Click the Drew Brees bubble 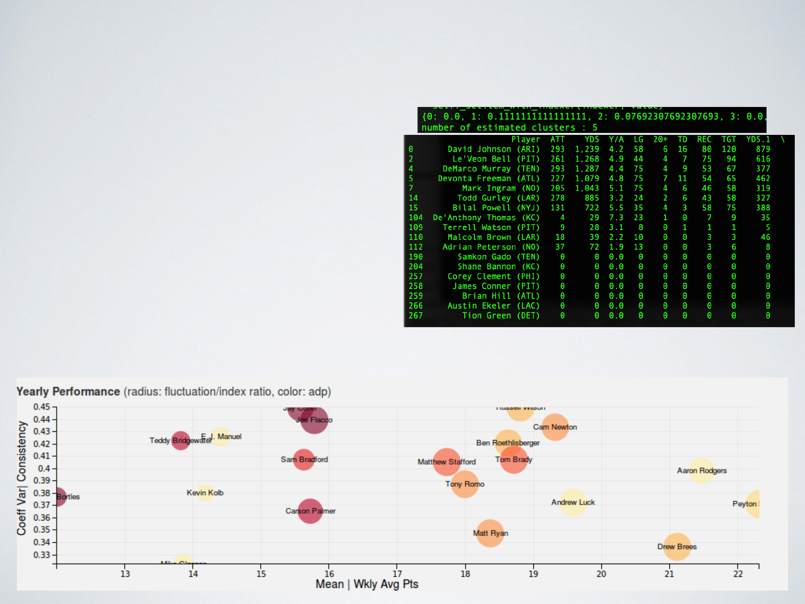(x=677, y=547)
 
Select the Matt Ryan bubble (x=490, y=533)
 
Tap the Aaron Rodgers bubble (x=702, y=471)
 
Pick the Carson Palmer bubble (x=310, y=511)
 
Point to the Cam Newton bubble (x=555, y=427)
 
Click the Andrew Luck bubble (x=573, y=502)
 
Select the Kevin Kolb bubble (x=205, y=493)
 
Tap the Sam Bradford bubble (x=304, y=459)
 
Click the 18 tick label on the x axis (x=465, y=574)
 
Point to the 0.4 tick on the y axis (x=44, y=468)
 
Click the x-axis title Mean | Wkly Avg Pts (x=367, y=584)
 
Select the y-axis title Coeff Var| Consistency (x=22, y=478)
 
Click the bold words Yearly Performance (x=68, y=392)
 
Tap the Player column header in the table (x=526, y=139)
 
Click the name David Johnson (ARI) (x=493, y=149)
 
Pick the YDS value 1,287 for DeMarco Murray (x=587, y=169)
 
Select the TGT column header (x=729, y=139)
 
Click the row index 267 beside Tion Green (x=415, y=315)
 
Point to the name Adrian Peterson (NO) (x=491, y=247)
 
